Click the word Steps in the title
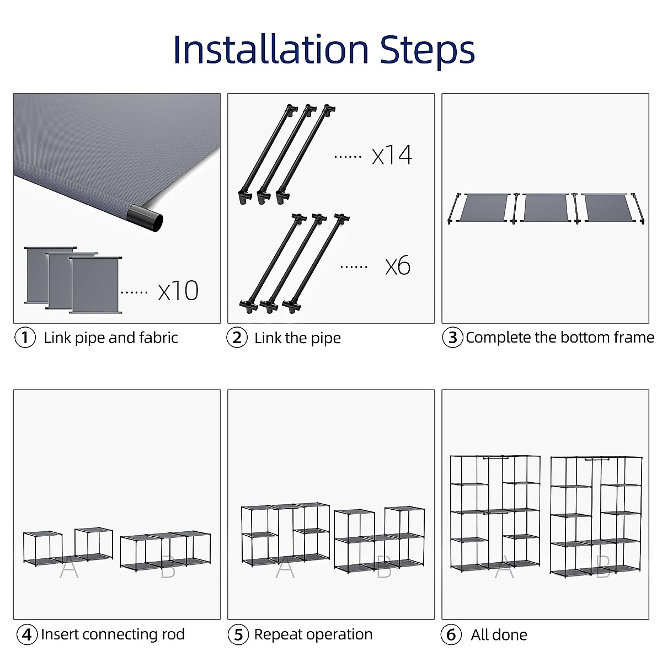click(427, 50)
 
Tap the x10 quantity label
click(178, 291)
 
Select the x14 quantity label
click(392, 155)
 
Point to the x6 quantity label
click(398, 266)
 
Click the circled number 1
click(25, 338)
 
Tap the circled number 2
click(237, 338)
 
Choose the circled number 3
click(452, 338)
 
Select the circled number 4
click(27, 634)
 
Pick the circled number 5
click(238, 634)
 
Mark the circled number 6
click(451, 634)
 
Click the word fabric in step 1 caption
click(158, 338)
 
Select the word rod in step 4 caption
click(173, 634)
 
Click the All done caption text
click(499, 635)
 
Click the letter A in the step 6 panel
click(504, 568)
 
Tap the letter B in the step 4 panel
click(168, 568)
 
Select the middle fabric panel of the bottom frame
click(545, 207)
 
